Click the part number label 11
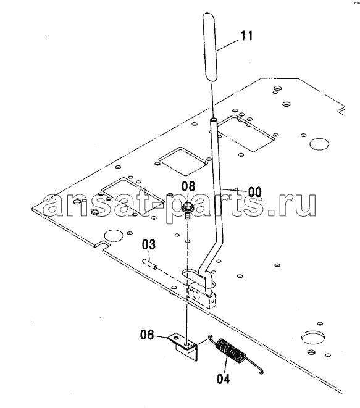[x=246, y=36]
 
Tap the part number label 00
[x=254, y=192]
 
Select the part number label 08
[x=188, y=186]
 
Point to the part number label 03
[x=149, y=244]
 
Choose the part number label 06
[x=147, y=335]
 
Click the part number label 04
[x=224, y=379]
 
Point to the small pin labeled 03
[x=149, y=264]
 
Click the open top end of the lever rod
[x=214, y=120]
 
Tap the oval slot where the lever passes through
[x=198, y=278]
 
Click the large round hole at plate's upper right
[x=319, y=144]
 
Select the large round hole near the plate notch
[x=113, y=236]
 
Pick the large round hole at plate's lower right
[x=313, y=337]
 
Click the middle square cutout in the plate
[x=183, y=161]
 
